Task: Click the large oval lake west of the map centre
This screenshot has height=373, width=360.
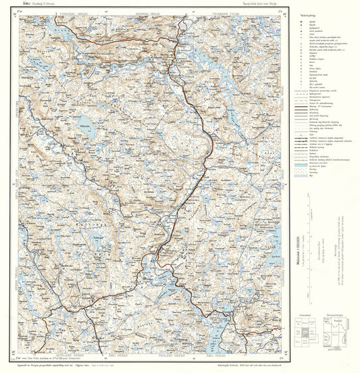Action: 84,122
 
